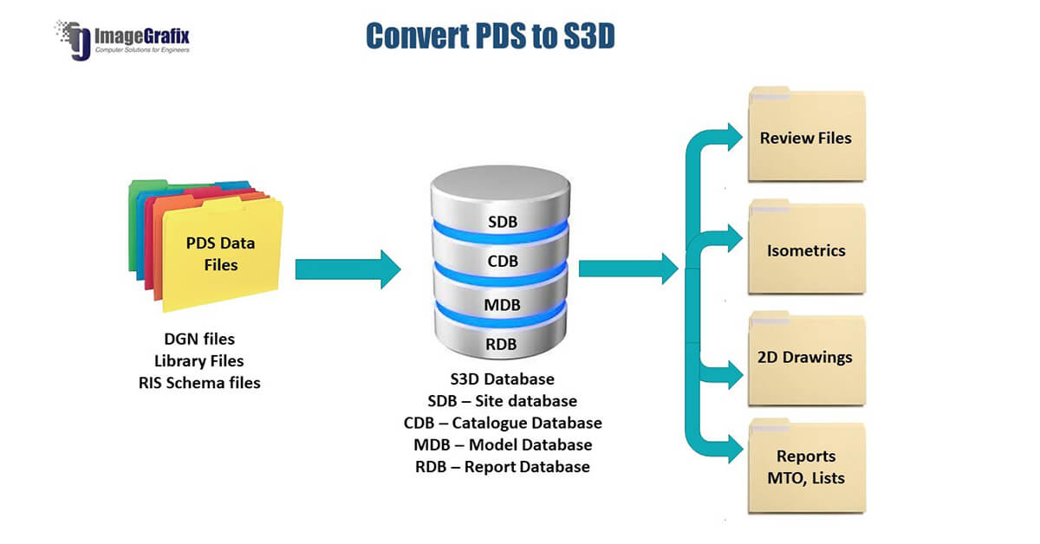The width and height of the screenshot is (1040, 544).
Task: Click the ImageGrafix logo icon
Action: (x=74, y=40)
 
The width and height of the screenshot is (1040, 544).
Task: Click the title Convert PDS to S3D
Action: (x=491, y=36)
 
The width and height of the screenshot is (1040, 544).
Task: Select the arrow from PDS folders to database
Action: (x=348, y=269)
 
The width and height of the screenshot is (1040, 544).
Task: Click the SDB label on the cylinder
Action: (x=503, y=222)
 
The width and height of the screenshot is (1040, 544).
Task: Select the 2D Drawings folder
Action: (x=807, y=359)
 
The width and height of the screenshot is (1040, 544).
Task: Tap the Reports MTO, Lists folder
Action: (x=807, y=466)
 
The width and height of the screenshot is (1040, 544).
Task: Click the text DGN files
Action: (x=199, y=340)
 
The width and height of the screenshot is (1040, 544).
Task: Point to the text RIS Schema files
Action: (x=199, y=383)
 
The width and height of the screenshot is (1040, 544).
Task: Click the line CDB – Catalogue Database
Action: (x=503, y=423)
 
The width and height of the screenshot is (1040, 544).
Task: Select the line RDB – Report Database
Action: (x=503, y=467)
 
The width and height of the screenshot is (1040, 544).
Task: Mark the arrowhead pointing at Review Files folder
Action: (x=736, y=137)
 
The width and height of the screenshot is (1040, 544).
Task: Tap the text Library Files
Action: (x=199, y=361)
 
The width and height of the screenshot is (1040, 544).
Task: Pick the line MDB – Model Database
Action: (x=503, y=445)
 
